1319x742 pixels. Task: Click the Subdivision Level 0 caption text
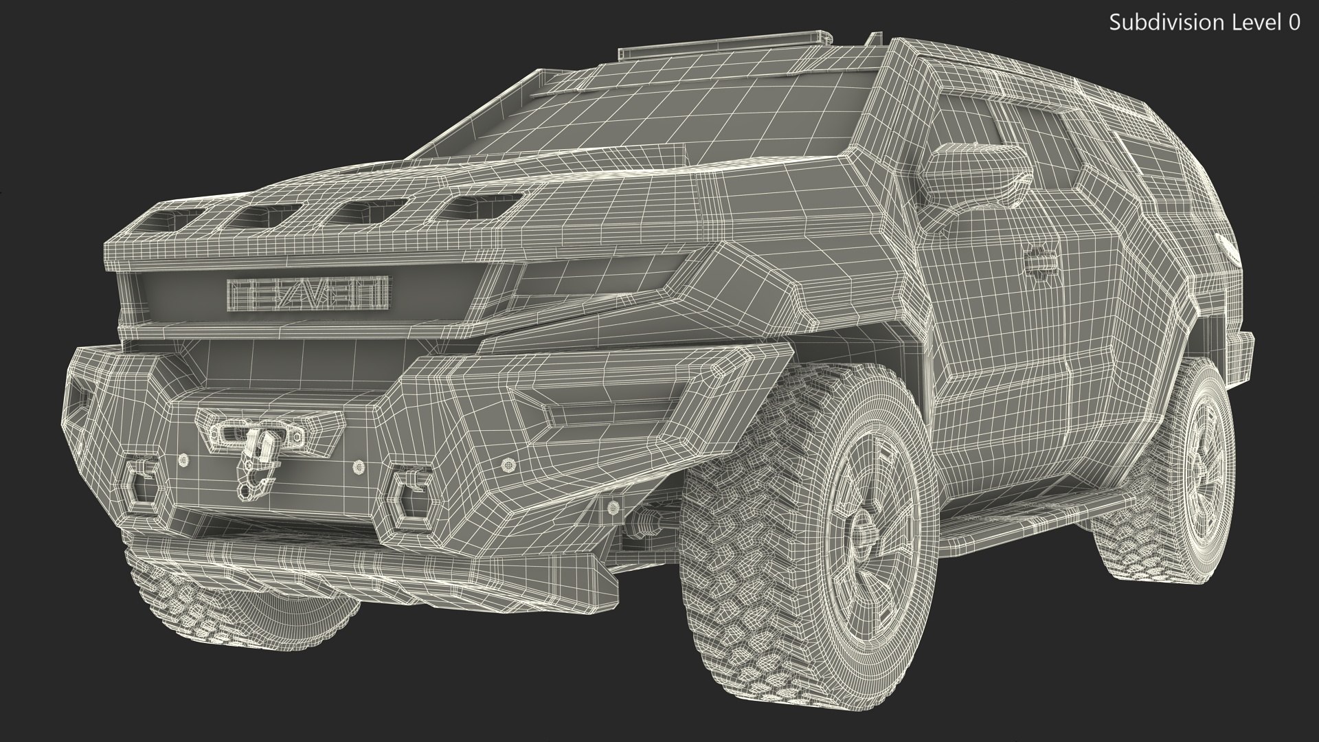pos(1204,23)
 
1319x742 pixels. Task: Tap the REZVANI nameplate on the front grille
pos(308,292)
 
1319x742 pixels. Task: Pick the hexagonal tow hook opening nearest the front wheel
pos(410,494)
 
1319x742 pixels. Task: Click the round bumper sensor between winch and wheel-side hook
pos(358,466)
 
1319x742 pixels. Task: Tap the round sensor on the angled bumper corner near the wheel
pos(508,465)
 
